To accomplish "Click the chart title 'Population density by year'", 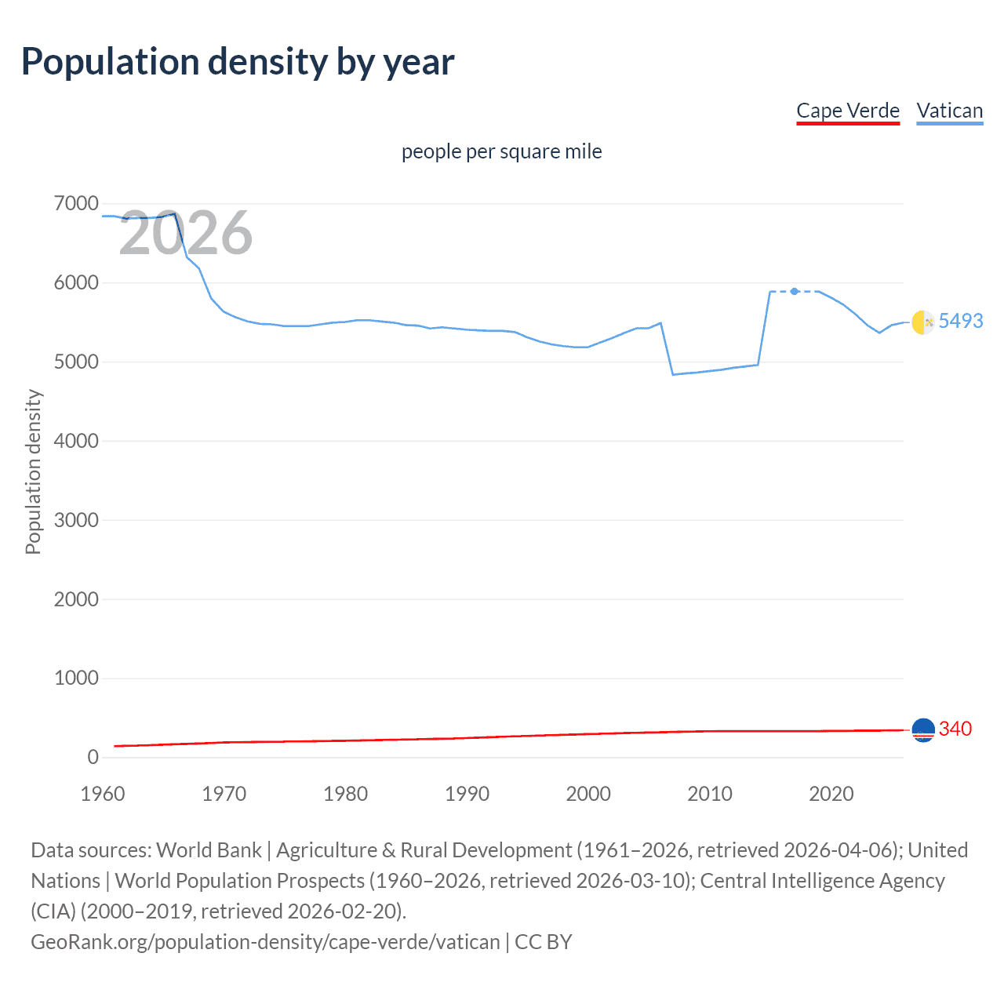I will click(238, 62).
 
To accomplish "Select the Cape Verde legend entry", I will click(848, 111).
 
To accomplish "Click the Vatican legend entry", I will click(950, 111).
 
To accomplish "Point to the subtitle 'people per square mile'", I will click(502, 151).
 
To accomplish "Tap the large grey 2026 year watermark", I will click(186, 233).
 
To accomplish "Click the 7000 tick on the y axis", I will click(76, 204).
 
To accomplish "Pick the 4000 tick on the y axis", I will click(76, 441).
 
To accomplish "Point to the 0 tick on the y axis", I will click(93, 757).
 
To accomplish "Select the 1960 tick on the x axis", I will click(103, 794).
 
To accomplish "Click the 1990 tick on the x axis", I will click(467, 794).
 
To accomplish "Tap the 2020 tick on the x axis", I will click(831, 794).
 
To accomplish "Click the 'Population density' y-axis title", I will click(33, 472).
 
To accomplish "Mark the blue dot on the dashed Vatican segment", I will click(795, 291).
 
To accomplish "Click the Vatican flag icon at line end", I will click(923, 322).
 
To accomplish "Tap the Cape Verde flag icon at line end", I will click(923, 730).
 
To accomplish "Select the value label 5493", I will click(961, 321).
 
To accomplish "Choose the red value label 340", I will click(955, 729).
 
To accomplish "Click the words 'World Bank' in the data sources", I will click(209, 850).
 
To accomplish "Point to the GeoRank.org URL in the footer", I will click(265, 941).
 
